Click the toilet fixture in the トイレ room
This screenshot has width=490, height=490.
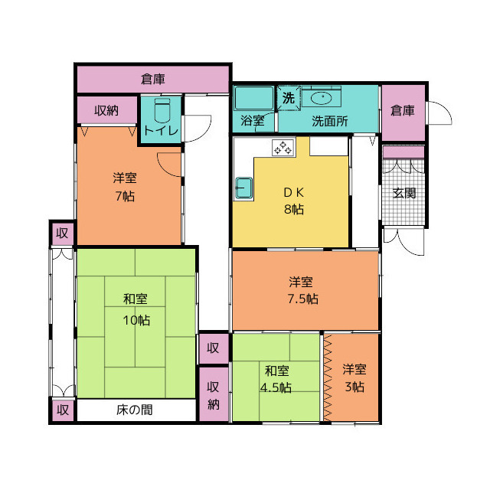[x=162, y=111]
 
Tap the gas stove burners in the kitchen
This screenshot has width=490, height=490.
[x=283, y=148]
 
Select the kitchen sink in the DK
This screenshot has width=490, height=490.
[x=243, y=188]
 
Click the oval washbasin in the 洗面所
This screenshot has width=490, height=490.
[x=322, y=99]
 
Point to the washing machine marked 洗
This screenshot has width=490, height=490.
[x=289, y=98]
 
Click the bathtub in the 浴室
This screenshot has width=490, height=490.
[x=254, y=98]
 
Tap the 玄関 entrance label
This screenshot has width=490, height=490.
[x=404, y=194]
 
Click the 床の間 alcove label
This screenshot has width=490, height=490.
[x=135, y=410]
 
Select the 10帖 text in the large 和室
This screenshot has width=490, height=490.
[x=136, y=320]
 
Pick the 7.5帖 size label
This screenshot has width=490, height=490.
[x=303, y=299]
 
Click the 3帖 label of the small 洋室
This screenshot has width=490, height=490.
[x=354, y=387]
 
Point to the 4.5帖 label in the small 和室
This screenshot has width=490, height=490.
[x=276, y=387]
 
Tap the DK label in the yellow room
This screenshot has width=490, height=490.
[x=294, y=192]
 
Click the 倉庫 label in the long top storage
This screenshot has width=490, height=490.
[x=153, y=79]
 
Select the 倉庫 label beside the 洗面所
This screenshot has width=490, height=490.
[x=403, y=110]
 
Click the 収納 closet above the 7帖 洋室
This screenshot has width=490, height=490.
[x=106, y=110]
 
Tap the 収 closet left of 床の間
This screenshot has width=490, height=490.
[x=63, y=410]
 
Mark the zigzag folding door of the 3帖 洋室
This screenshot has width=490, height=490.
[x=328, y=378]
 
